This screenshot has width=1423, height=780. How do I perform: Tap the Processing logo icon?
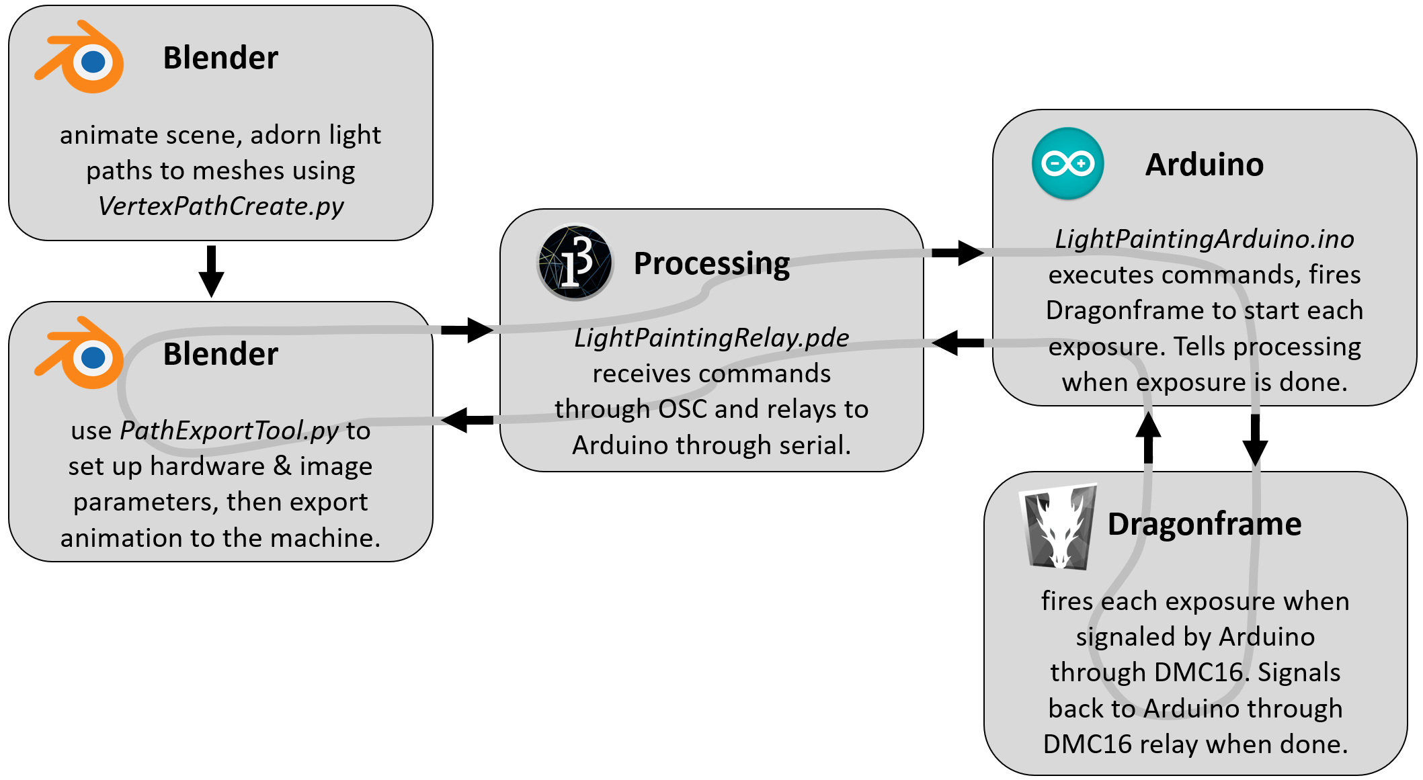[575, 263]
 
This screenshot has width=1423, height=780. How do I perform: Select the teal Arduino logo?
[1067, 163]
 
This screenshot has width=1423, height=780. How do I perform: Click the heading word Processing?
[711, 263]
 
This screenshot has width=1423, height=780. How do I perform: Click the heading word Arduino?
[1204, 165]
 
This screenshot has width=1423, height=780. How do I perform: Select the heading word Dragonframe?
[1204, 524]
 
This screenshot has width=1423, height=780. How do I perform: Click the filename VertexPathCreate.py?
[220, 206]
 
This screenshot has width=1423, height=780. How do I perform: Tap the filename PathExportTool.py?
[229, 431]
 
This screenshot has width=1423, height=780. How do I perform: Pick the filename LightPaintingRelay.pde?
[711, 337]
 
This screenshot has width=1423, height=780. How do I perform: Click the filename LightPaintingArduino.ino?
[1204, 239]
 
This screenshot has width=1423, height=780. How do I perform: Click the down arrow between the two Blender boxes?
[211, 271]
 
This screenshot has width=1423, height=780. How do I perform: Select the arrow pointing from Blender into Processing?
[466, 329]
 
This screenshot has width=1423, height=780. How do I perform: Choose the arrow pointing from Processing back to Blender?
[466, 420]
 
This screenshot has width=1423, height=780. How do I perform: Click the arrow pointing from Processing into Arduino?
[957, 253]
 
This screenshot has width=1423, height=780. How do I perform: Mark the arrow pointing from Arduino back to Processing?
[957, 343]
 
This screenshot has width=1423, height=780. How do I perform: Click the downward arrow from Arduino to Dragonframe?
[1254, 439]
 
